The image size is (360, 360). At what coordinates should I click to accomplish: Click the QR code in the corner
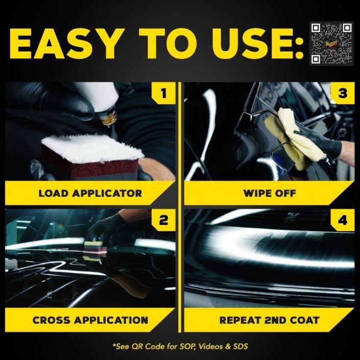[x=331, y=43]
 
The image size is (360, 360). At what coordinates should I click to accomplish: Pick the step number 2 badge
[x=164, y=221]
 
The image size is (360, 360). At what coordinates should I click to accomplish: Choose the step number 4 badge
[x=342, y=221]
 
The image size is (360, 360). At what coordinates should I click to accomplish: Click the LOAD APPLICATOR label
[x=90, y=194]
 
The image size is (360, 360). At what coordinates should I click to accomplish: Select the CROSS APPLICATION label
[x=90, y=321]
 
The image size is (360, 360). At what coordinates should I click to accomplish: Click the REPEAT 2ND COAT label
[x=269, y=321]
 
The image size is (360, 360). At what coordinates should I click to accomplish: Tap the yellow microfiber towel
[x=294, y=136]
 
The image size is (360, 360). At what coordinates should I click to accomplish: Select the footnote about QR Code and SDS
[x=180, y=346]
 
